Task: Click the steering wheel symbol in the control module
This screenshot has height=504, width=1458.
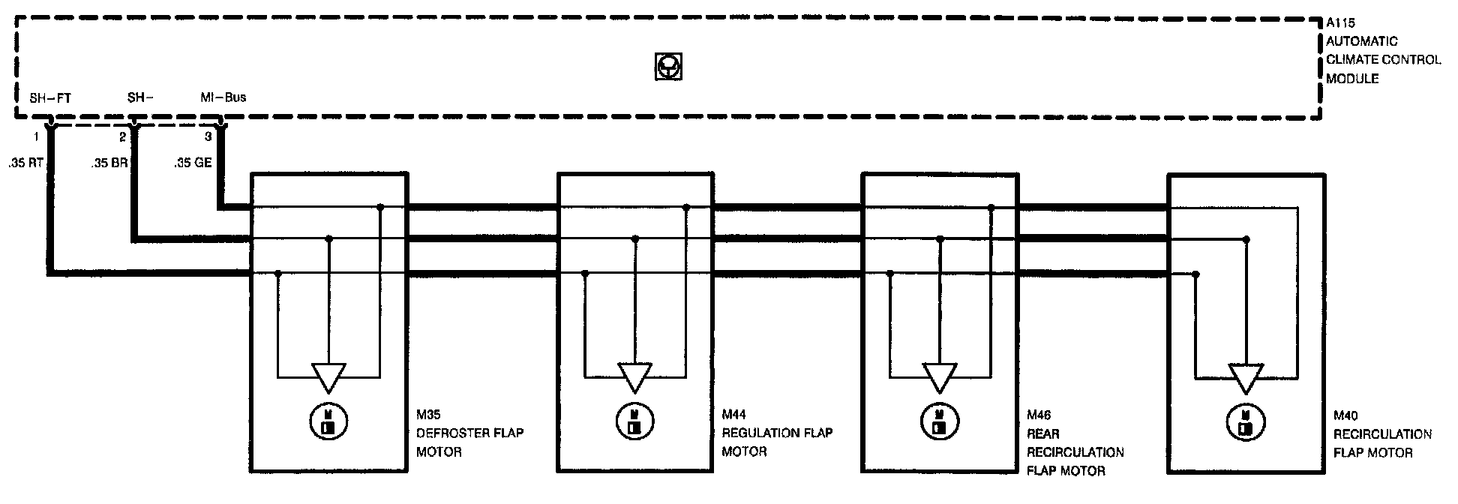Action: click(668, 67)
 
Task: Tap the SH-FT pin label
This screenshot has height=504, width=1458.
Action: click(50, 98)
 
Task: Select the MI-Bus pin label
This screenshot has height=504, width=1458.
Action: click(223, 97)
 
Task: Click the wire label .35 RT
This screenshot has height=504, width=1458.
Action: click(25, 162)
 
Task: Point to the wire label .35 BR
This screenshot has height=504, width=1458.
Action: click(109, 162)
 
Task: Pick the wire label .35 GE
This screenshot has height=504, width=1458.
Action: click(193, 162)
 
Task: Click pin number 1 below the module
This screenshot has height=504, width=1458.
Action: click(35, 137)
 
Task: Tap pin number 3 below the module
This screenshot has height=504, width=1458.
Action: click(208, 137)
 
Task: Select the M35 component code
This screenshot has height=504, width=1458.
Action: click(428, 414)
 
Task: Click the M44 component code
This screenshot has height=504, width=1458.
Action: click(735, 414)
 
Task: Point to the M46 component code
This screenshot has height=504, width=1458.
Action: click(1039, 415)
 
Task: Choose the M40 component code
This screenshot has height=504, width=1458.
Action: click(1346, 415)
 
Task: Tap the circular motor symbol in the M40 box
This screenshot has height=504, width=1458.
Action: click(1245, 421)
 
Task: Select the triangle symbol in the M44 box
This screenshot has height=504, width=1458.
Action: click(634, 377)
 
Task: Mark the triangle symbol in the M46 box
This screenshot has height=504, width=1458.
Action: click(939, 377)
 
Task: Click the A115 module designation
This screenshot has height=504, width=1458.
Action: click(1340, 23)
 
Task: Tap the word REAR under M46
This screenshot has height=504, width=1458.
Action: click(1043, 433)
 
